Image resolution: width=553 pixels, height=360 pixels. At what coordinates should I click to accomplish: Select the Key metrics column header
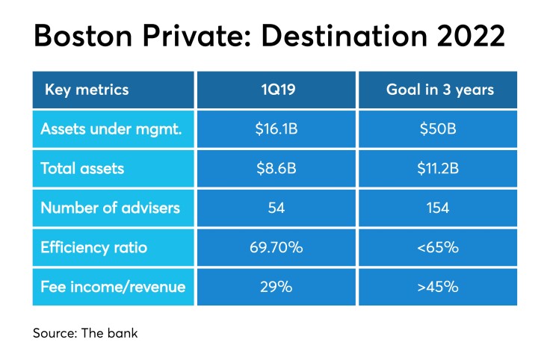click(87, 90)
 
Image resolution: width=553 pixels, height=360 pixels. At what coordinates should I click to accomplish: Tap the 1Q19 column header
click(276, 90)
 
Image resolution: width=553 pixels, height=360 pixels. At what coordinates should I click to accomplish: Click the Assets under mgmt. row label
click(113, 130)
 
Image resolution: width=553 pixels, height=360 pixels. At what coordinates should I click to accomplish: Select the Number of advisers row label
click(110, 208)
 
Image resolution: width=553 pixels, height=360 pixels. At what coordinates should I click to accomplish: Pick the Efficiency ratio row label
click(94, 247)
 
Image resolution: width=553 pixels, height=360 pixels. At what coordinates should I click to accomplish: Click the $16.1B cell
click(276, 130)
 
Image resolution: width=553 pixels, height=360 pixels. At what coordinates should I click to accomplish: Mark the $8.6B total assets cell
click(276, 169)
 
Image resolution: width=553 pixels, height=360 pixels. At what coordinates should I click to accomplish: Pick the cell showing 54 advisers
click(276, 208)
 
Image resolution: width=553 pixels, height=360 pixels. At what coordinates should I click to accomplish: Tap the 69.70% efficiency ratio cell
click(276, 247)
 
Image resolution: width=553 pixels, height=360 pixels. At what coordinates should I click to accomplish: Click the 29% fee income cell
click(276, 286)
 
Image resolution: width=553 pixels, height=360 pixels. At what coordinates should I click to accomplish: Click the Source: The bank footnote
click(85, 333)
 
